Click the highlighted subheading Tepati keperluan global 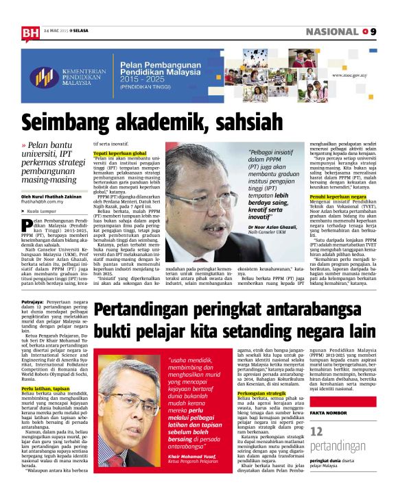click(x=119, y=153)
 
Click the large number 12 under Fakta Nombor click(x=316, y=451)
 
